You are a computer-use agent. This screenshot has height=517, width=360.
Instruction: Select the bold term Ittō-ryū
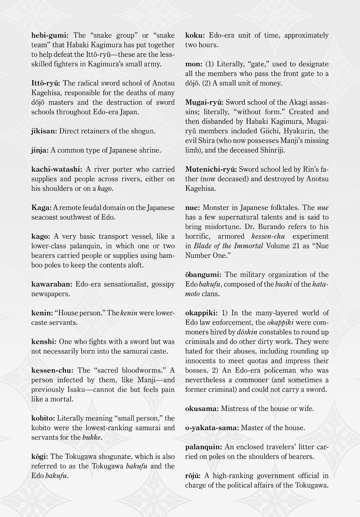46,83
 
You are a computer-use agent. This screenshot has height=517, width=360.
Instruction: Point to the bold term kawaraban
52,284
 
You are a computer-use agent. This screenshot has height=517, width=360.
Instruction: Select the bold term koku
195,35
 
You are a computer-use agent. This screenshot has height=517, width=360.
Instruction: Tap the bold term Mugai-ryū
204,102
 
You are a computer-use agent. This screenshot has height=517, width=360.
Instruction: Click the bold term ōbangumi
203,275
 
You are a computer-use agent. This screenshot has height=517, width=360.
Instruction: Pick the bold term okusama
202,409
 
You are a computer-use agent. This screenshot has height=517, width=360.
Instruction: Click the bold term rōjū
193,476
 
